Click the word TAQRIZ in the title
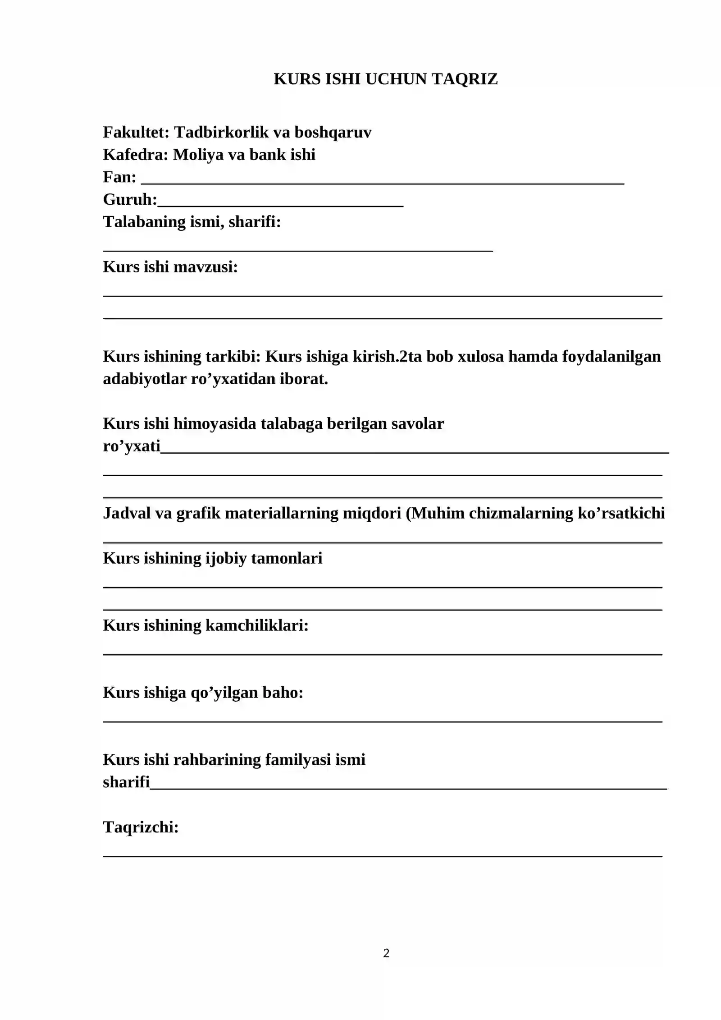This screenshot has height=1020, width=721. point(465,79)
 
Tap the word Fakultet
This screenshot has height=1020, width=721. point(136,133)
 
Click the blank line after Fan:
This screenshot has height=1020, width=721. point(383,182)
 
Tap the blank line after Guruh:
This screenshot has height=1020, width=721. point(280,204)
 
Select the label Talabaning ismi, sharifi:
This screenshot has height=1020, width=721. point(192,222)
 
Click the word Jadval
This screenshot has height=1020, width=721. point(127,514)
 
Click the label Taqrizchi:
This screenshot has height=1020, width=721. point(141,827)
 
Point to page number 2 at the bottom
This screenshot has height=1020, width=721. point(386,953)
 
